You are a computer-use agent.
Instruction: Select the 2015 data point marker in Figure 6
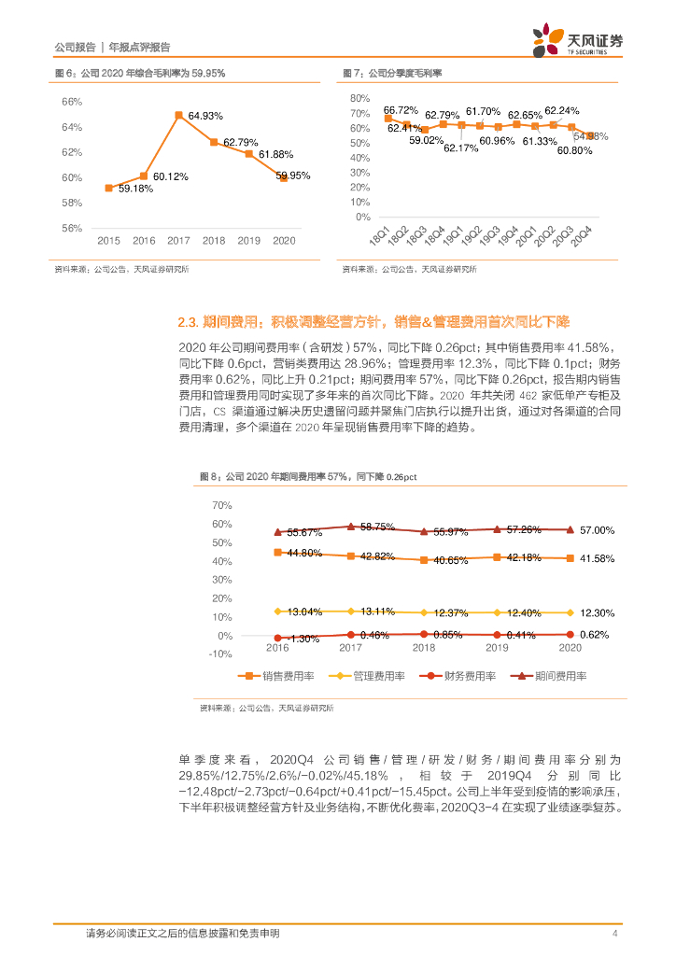coord(109,188)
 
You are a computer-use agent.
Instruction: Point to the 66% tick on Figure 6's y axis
coord(72,102)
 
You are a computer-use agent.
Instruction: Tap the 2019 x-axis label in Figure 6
coord(249,240)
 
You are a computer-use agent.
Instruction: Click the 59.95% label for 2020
coord(293,175)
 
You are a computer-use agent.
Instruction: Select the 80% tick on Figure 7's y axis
coord(360,98)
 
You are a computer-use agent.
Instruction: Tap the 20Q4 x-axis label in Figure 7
coord(581,235)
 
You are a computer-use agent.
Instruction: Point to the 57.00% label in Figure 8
coord(598,530)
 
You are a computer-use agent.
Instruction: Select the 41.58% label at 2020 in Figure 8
coord(598,558)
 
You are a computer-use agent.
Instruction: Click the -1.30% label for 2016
coord(303,639)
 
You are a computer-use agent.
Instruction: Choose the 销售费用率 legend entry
coord(276,675)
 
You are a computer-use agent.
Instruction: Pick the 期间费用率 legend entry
coord(546,675)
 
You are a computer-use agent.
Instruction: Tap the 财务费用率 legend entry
coord(456,675)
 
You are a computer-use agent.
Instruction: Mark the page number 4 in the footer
coord(614,934)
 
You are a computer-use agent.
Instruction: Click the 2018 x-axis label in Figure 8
coord(424,647)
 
